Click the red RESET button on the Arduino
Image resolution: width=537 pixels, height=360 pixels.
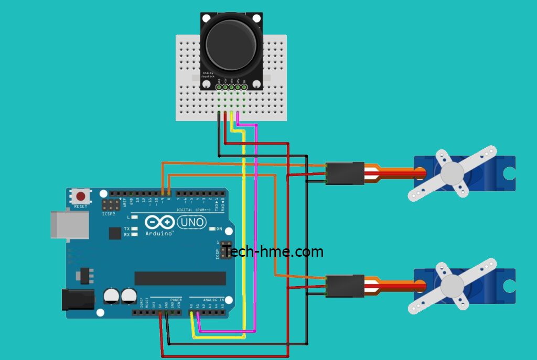pos(80,197)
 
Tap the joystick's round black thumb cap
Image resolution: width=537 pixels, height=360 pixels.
pos(231,45)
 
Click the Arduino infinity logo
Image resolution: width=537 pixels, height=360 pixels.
pos(159,223)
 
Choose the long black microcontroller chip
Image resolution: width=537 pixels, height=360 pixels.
pos(180,278)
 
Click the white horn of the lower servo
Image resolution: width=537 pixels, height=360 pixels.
pos(453,286)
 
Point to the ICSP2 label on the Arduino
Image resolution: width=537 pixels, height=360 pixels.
pos(109,214)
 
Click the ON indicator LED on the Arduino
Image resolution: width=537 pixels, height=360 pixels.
pos(212,230)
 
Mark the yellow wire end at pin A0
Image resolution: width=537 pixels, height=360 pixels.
pos(191,314)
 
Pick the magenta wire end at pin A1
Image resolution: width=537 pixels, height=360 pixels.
pos(198,314)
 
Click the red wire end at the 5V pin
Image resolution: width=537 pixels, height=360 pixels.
pos(160,314)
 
